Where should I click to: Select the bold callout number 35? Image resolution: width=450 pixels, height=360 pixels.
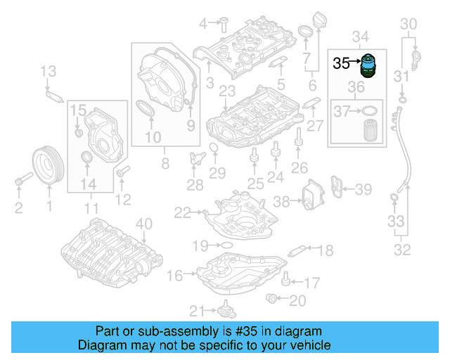point(342,63)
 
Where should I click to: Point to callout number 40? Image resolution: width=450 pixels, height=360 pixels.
point(143,224)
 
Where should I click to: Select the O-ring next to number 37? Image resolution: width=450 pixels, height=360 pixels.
point(368,110)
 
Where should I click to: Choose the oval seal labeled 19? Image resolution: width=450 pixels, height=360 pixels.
point(226,245)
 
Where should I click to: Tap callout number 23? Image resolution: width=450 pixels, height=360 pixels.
point(226,91)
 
